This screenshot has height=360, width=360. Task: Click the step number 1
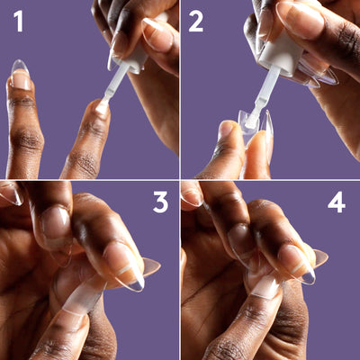19,22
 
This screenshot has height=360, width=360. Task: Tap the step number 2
195,22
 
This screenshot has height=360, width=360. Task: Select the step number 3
160,203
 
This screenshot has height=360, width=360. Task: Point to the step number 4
337,203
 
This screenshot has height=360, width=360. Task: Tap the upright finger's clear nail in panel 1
21,75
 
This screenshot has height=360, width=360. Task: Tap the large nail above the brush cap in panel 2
300,21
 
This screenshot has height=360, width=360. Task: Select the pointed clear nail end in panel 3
151,267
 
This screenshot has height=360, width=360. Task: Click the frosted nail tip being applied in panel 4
266,286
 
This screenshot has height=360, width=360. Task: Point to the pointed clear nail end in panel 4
319,258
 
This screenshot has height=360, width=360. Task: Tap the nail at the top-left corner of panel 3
12,193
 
